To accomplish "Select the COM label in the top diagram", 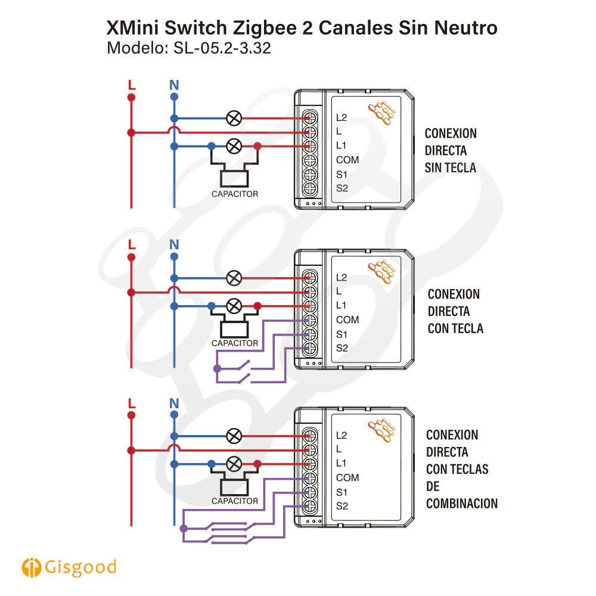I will [347, 160].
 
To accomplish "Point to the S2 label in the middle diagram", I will [342, 348].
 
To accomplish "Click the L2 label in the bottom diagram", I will [342, 434].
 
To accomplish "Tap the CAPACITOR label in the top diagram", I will [235, 194].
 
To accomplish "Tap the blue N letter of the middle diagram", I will [174, 244].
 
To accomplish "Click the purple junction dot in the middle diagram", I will [216, 369].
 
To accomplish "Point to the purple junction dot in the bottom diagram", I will [184, 528].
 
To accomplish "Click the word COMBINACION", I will [462, 504].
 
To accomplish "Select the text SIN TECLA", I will [451, 167].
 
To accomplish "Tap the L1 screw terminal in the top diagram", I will [310, 146].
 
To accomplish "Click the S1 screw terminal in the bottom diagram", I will [310, 492].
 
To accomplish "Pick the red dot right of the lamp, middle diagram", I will [257, 306].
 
